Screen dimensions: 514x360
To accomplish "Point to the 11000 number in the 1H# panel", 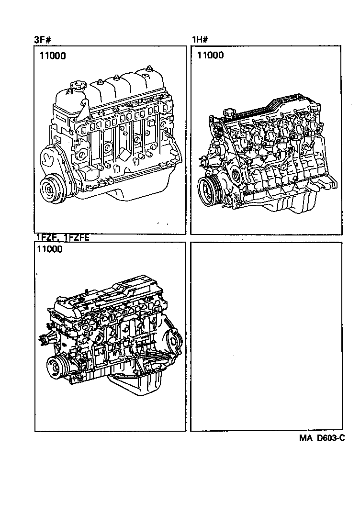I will [210, 56].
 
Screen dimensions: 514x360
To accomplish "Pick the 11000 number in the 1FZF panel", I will [48, 249].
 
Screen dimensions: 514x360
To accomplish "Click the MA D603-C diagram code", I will [322, 438].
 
